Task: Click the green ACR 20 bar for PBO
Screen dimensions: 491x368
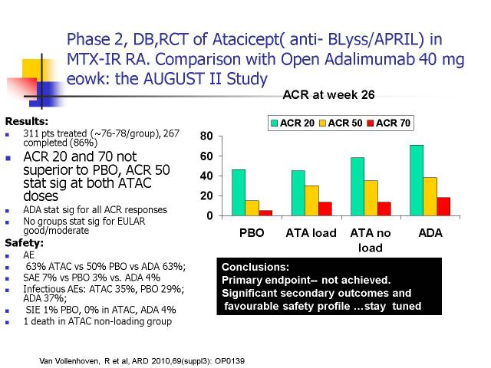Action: click(239, 192)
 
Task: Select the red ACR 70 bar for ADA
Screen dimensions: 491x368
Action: click(443, 206)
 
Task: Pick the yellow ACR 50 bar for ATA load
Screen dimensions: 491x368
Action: click(312, 201)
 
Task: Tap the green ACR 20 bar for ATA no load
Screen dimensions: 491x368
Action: click(358, 186)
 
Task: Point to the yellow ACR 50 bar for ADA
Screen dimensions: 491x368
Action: click(430, 196)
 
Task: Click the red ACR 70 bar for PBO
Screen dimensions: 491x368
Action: click(265, 213)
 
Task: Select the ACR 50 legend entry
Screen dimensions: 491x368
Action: click(341, 123)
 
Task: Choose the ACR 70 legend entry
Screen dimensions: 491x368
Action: click(389, 123)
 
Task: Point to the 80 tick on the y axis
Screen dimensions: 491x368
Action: click(206, 136)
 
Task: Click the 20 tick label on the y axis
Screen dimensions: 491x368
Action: click(206, 196)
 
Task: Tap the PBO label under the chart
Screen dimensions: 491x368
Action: click(252, 233)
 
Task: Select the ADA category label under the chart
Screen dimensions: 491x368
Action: click(430, 233)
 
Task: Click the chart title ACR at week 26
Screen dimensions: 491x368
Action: click(328, 94)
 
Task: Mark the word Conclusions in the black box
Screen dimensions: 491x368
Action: click(255, 267)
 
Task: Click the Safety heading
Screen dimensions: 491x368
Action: click(25, 243)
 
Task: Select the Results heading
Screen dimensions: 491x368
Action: click(27, 121)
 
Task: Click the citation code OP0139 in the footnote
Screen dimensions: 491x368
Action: click(229, 361)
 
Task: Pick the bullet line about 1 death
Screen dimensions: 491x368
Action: click(97, 321)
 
